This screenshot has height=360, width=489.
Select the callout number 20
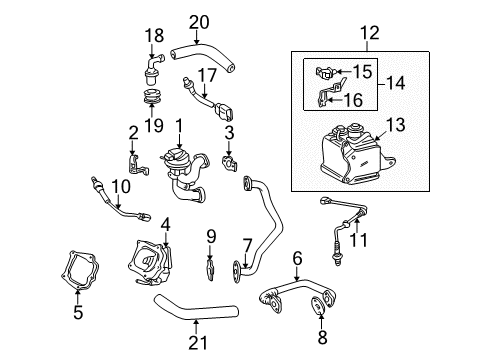point(199,22)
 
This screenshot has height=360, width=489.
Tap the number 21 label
point(196,349)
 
